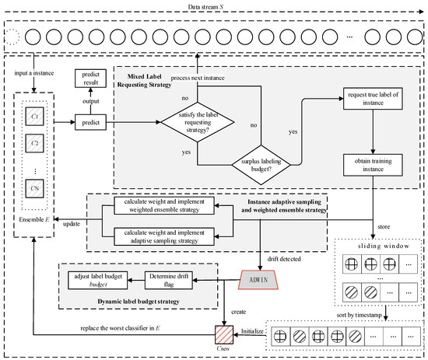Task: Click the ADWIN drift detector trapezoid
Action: point(258,280)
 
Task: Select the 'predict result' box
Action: point(90,79)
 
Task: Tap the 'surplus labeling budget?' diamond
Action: point(261,165)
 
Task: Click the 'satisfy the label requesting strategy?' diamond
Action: point(198,122)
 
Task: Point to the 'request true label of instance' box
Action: point(373,99)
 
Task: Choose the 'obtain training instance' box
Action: point(373,165)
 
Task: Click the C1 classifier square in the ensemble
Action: point(34,117)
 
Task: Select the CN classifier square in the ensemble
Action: point(34,188)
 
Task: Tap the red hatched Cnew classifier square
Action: point(224,335)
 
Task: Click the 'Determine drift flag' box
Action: point(169,280)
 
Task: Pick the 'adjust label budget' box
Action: point(98,280)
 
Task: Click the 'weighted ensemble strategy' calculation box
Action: point(164,205)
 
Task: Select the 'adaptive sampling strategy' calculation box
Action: point(164,236)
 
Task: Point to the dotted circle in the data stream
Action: point(12,37)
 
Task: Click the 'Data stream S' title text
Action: point(205,7)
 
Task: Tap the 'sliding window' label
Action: point(384,246)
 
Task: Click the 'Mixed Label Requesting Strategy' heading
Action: point(145,80)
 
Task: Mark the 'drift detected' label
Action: point(284,259)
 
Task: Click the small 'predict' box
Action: point(90,122)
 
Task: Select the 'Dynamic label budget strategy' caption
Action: point(139,302)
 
